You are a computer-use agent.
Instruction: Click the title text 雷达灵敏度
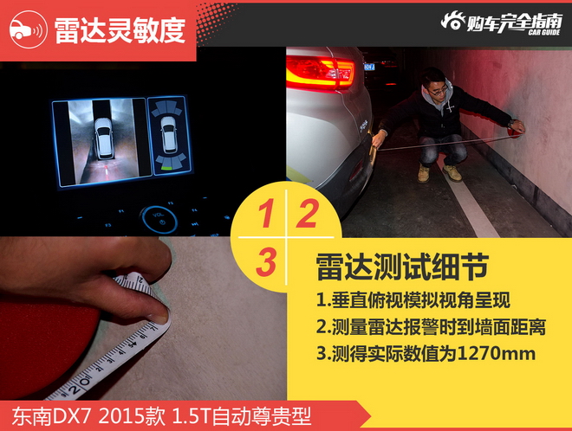point(120,29)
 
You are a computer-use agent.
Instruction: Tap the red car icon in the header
point(26,29)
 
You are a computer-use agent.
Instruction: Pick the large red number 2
point(307,214)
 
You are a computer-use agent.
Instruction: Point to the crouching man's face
point(439,92)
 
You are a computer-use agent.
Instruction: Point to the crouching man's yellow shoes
point(439,172)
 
